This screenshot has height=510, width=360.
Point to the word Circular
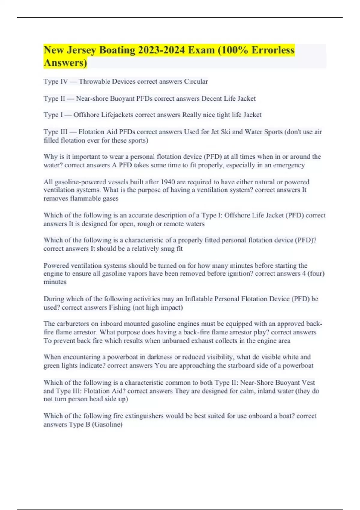pyautogui.click(x=196, y=82)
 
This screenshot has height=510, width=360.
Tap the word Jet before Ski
pyautogui.click(x=215, y=132)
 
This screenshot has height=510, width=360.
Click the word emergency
pyautogui.click(x=289, y=165)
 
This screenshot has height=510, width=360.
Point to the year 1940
pyautogui.click(x=168, y=182)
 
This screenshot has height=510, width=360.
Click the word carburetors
pyautogui.click(x=73, y=324)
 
